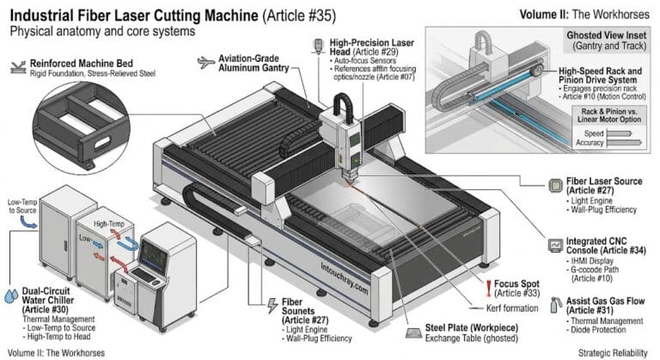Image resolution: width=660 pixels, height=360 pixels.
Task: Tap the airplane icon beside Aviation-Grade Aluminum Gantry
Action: pyautogui.click(x=203, y=62)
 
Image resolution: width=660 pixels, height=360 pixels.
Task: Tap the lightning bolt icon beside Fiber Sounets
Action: pyautogui.click(x=269, y=307)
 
